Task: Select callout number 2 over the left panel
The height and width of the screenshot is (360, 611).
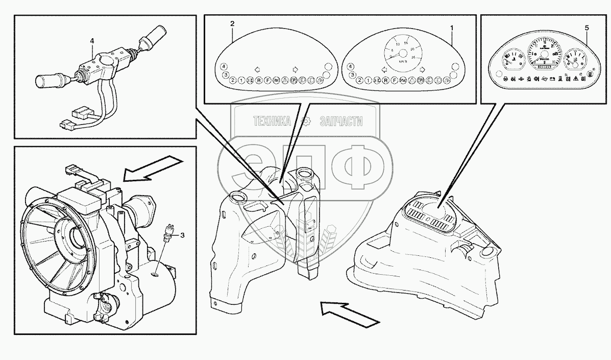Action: [232, 24]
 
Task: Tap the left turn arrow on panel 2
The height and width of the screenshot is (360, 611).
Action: [256, 69]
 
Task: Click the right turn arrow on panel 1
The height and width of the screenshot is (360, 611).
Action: [422, 69]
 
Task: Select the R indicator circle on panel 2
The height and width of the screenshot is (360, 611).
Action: [259, 80]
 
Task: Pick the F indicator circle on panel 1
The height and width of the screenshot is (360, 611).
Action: [394, 80]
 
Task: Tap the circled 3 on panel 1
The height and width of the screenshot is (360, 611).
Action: [351, 76]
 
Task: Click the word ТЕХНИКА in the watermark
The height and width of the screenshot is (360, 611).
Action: [272, 121]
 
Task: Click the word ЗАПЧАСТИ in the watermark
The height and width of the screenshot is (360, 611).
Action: [340, 121]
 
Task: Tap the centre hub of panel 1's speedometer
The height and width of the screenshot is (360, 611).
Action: [402, 53]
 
